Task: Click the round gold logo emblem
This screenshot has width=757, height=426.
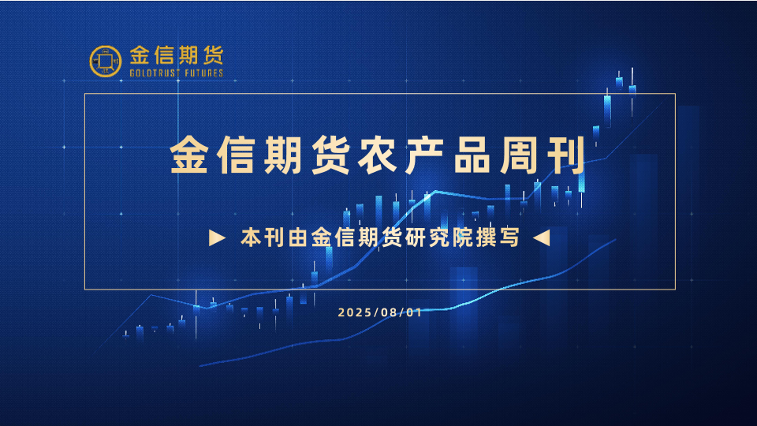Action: [105, 62]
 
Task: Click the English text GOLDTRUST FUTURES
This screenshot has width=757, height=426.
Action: [177, 73]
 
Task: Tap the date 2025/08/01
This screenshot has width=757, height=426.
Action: [380, 312]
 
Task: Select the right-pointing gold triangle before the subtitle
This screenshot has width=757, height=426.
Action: [218, 237]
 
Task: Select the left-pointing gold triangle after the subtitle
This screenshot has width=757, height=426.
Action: [541, 237]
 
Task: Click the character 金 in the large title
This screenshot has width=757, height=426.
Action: [189, 155]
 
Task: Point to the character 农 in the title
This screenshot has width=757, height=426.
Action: [378, 155]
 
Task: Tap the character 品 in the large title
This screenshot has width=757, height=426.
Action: [472, 155]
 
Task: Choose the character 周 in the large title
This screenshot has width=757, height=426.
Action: [519, 155]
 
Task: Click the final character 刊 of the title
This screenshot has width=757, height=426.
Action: [566, 155]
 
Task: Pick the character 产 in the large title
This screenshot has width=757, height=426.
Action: [425, 155]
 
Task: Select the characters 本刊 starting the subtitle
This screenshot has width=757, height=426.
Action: [262, 237]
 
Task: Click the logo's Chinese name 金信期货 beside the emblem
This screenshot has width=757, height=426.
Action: [177, 55]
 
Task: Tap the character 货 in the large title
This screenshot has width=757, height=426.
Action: [330, 155]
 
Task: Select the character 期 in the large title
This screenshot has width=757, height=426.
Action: [283, 155]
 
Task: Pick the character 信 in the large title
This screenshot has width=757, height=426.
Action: [237, 155]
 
